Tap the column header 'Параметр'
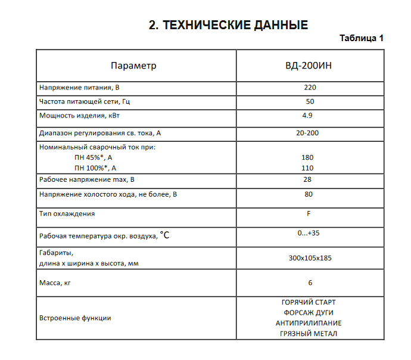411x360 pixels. point(133,66)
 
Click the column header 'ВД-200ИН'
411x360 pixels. point(309,66)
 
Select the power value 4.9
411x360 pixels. point(307,115)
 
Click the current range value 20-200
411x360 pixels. point(307,132)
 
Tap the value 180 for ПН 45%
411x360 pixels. point(307,157)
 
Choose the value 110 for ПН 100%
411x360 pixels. point(307,168)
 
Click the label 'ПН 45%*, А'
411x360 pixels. point(93,157)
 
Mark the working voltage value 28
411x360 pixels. point(307,179)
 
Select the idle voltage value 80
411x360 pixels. point(309,194)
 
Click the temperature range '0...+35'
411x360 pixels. point(309,233)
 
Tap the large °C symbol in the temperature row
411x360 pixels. point(164,235)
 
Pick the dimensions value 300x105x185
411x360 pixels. point(309,257)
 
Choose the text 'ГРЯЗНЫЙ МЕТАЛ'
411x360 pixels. point(309,334)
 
